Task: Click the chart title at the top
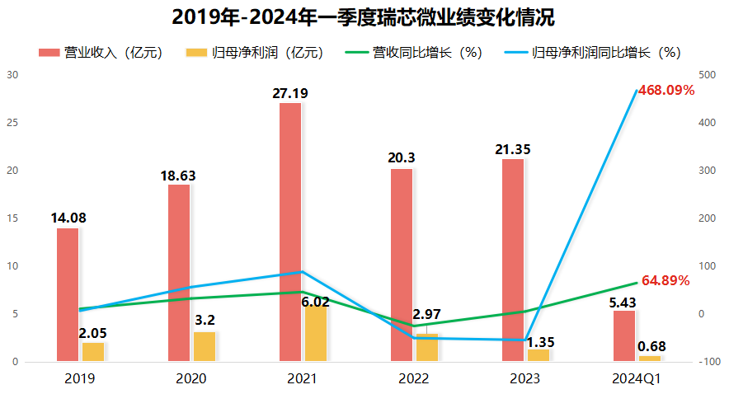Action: click(x=364, y=16)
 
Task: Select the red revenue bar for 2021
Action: click(x=290, y=232)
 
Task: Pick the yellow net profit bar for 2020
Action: click(x=204, y=346)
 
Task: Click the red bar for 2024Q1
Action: click(x=624, y=335)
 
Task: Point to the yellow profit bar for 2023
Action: click(x=538, y=355)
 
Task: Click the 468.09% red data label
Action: click(x=666, y=91)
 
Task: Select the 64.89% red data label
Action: click(x=665, y=280)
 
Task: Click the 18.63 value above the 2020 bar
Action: click(x=178, y=176)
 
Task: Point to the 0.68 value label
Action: click(x=651, y=346)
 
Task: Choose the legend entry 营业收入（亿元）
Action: click(x=101, y=53)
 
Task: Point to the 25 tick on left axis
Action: click(x=12, y=123)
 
